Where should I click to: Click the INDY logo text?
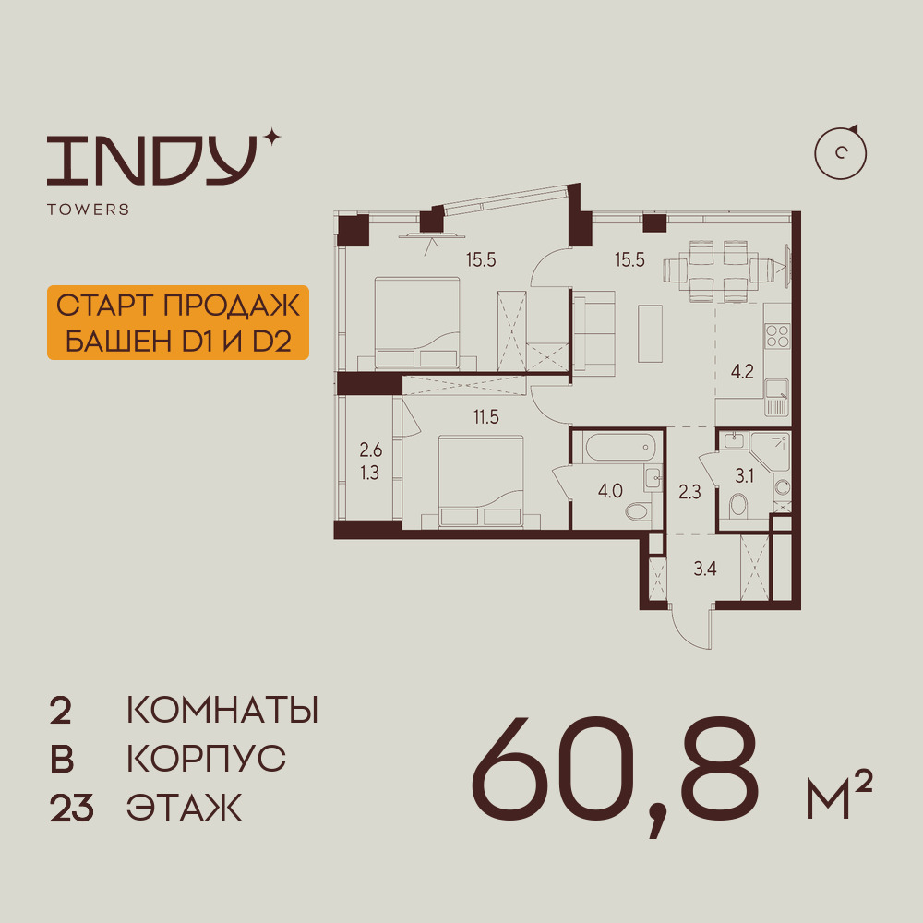[x=151, y=159]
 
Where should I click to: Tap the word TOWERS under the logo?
[x=88, y=210]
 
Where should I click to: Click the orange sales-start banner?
[x=176, y=323]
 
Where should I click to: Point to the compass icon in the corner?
[x=841, y=152]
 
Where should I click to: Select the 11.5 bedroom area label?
[x=486, y=417]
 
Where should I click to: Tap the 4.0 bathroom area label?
[x=609, y=490]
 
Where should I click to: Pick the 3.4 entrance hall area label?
[x=705, y=568]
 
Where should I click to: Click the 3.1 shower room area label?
[x=745, y=476]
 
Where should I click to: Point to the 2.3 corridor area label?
[x=689, y=491]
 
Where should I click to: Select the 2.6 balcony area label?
[x=370, y=451]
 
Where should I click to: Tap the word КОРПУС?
[x=206, y=759]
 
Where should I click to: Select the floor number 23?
[x=71, y=809]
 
